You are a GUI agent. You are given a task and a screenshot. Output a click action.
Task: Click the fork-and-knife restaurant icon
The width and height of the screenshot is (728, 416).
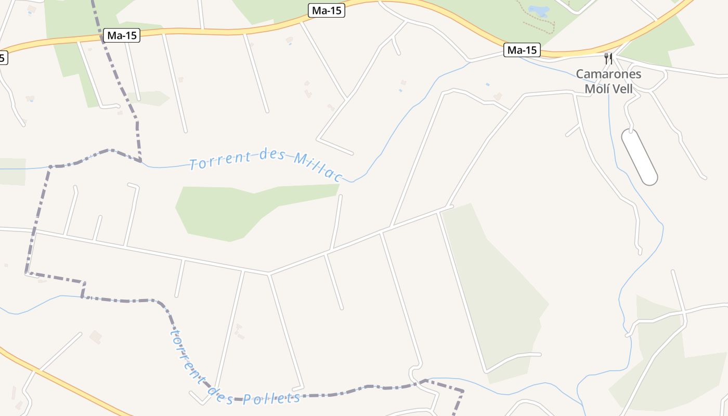pos(608,58)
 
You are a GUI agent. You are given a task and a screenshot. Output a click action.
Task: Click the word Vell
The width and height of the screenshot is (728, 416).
pos(623,88)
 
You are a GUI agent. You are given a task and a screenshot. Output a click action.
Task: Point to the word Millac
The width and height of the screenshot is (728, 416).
pos(317,166)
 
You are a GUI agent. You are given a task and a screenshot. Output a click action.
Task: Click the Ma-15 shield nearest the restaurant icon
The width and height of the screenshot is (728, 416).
pos(522,50)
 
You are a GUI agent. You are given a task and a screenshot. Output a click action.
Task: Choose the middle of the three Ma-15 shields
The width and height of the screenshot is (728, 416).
pos(327,10)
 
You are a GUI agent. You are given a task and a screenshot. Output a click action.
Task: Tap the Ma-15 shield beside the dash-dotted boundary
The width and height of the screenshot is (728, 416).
pos(122,35)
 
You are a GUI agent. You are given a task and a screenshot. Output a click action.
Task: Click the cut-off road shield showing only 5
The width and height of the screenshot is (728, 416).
pos(3,58)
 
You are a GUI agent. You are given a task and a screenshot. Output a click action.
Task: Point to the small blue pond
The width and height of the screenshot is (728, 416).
pos(539,10)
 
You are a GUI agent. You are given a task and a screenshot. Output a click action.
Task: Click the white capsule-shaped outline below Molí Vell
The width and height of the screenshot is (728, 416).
pos(639,157)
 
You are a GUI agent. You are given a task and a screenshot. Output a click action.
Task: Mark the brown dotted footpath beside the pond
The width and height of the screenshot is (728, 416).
pos(541,26)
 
